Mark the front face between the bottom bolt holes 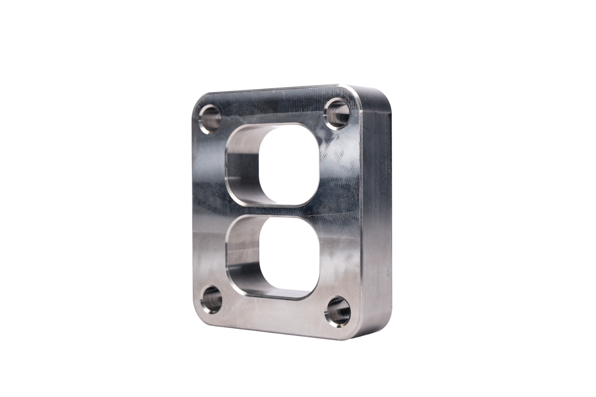[272, 314]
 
